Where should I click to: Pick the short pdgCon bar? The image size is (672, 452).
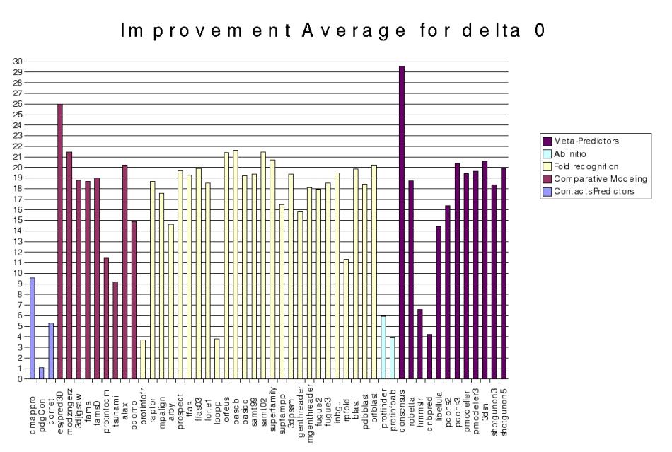tap(42, 373)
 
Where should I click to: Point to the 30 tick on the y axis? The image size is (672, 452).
tap(18, 61)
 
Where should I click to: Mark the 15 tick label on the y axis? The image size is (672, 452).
tap(18, 220)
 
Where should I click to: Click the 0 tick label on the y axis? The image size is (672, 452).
tap(21, 379)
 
